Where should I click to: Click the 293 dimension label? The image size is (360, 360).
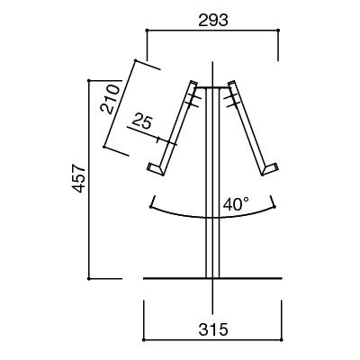(x=213, y=21)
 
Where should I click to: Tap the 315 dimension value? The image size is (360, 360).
(x=213, y=330)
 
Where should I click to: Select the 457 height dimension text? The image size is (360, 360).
(x=79, y=178)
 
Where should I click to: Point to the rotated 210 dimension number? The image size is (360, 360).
(x=109, y=99)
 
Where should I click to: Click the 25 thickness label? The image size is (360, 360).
(x=142, y=121)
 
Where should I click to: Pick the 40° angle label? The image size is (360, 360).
(x=236, y=204)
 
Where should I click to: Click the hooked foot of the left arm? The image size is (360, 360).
(x=156, y=169)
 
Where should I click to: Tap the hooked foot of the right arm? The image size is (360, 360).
(x=270, y=169)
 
